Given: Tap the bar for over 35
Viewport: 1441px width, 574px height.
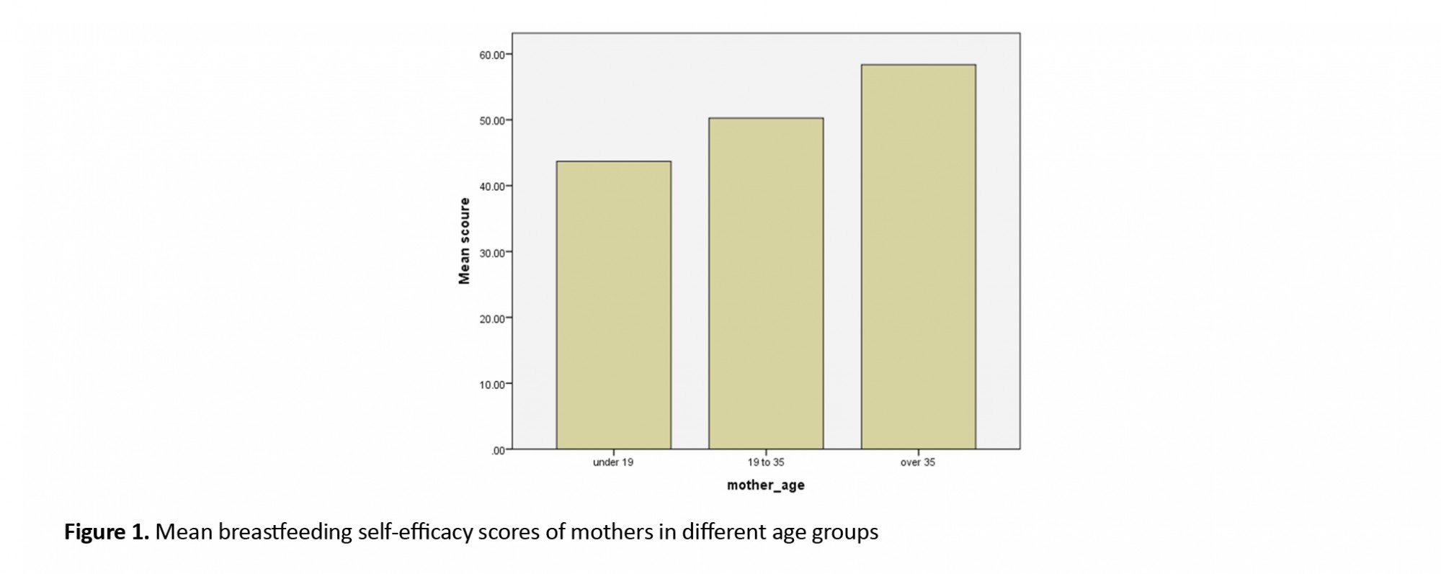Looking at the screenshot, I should (x=918, y=256).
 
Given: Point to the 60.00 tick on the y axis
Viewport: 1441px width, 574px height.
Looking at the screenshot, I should (x=493, y=55).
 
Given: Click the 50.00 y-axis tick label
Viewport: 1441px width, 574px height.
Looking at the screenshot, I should (x=493, y=120).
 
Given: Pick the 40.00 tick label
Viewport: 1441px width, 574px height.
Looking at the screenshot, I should (x=493, y=187).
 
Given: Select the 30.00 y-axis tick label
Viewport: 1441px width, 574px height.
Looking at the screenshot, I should (x=493, y=253).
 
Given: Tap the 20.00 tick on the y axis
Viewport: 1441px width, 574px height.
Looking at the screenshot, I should (x=493, y=318).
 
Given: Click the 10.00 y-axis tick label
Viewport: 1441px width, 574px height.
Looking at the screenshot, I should (x=493, y=385).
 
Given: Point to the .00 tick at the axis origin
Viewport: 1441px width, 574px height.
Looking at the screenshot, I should (x=498, y=451).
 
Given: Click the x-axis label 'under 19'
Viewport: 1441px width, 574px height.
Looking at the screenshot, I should (x=613, y=462).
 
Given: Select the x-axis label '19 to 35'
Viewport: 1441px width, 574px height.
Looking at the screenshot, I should (x=766, y=462).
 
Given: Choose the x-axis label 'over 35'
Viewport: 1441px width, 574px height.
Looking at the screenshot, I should (x=918, y=462).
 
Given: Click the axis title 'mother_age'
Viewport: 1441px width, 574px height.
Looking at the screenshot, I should (x=766, y=485).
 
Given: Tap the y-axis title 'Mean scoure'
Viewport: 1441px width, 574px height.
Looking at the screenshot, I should (x=465, y=241).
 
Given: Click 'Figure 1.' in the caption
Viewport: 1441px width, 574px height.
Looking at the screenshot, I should (x=107, y=532).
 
